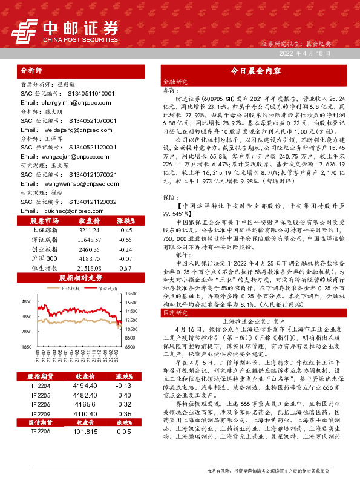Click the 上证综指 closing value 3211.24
coord(88,230)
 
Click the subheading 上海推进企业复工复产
coord(252,323)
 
